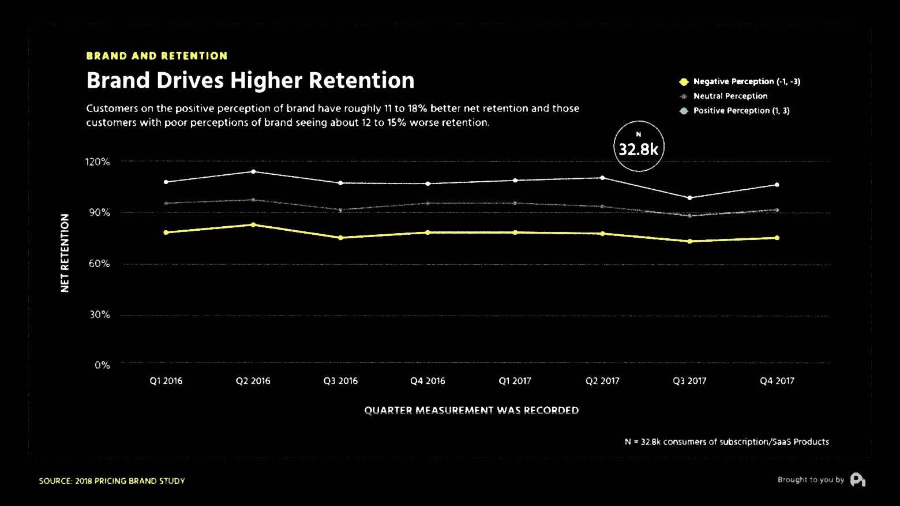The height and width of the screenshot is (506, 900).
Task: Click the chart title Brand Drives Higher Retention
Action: (250, 80)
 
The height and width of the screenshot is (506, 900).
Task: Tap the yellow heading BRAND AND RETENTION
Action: (156, 56)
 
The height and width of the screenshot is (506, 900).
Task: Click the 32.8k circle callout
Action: (638, 147)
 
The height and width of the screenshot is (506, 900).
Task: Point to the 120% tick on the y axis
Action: (97, 162)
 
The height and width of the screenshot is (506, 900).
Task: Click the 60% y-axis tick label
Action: (99, 264)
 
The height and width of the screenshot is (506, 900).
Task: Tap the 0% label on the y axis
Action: (102, 365)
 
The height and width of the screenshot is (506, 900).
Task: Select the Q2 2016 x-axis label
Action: (253, 381)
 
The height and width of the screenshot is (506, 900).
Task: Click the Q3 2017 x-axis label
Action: (689, 381)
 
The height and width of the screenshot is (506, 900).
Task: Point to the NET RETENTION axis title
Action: (65, 253)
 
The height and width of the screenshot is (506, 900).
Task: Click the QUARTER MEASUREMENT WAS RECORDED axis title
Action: (471, 410)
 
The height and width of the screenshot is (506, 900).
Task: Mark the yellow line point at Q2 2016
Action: (253, 224)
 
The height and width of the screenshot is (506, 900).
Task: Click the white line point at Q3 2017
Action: (689, 198)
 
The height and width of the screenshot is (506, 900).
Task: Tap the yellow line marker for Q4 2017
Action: (777, 238)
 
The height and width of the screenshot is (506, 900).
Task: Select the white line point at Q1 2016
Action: (166, 182)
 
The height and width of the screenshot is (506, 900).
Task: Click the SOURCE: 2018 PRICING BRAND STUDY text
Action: (112, 481)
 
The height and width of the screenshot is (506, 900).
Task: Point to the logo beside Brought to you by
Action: (857, 479)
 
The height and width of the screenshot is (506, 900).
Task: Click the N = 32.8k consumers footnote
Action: (726, 441)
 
